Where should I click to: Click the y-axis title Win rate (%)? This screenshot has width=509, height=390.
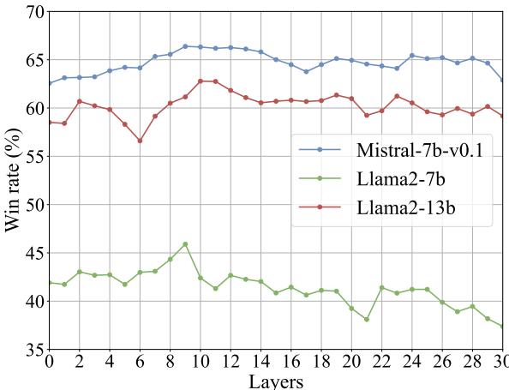[x=15, y=180]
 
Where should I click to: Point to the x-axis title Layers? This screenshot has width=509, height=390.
[x=275, y=380]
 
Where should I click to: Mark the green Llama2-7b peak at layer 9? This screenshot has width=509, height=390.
[x=185, y=244]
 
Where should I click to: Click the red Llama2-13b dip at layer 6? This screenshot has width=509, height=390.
[x=140, y=141]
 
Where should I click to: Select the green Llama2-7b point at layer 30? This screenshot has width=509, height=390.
[x=502, y=327]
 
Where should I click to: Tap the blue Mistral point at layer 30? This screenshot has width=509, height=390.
[x=502, y=81]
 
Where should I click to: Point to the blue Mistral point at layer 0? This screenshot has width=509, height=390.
[x=49, y=83]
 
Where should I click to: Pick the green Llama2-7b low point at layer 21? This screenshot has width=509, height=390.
[x=366, y=320]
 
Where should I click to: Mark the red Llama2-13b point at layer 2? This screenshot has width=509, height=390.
[x=79, y=101]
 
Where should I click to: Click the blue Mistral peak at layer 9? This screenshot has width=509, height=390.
[x=185, y=46]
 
